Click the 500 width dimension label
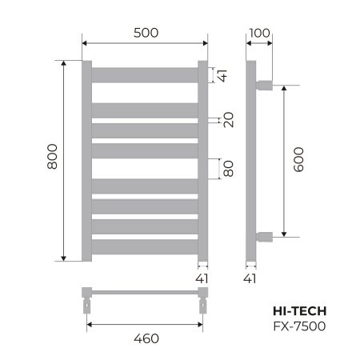144,33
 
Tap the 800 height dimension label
53,160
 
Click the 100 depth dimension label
259,33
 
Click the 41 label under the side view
250,278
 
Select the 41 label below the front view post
202,278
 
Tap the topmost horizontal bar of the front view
144,75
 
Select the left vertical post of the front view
87,160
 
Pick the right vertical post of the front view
202,160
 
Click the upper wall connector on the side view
265,83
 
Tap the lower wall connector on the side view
265,236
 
